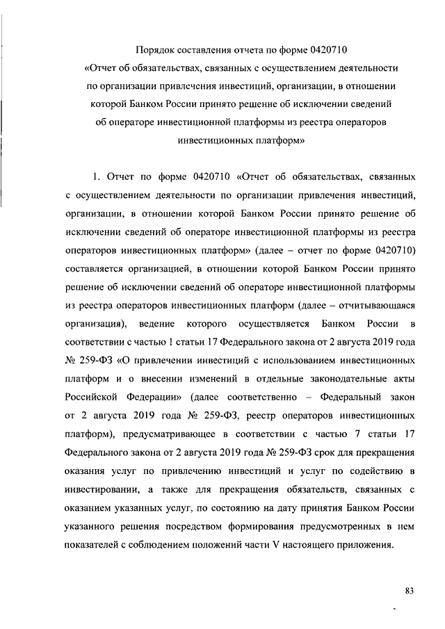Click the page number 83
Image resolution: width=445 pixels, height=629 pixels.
(x=409, y=591)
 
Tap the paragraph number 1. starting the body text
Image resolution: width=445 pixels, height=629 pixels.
(x=97, y=177)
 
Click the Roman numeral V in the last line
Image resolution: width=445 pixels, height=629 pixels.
(x=278, y=545)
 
